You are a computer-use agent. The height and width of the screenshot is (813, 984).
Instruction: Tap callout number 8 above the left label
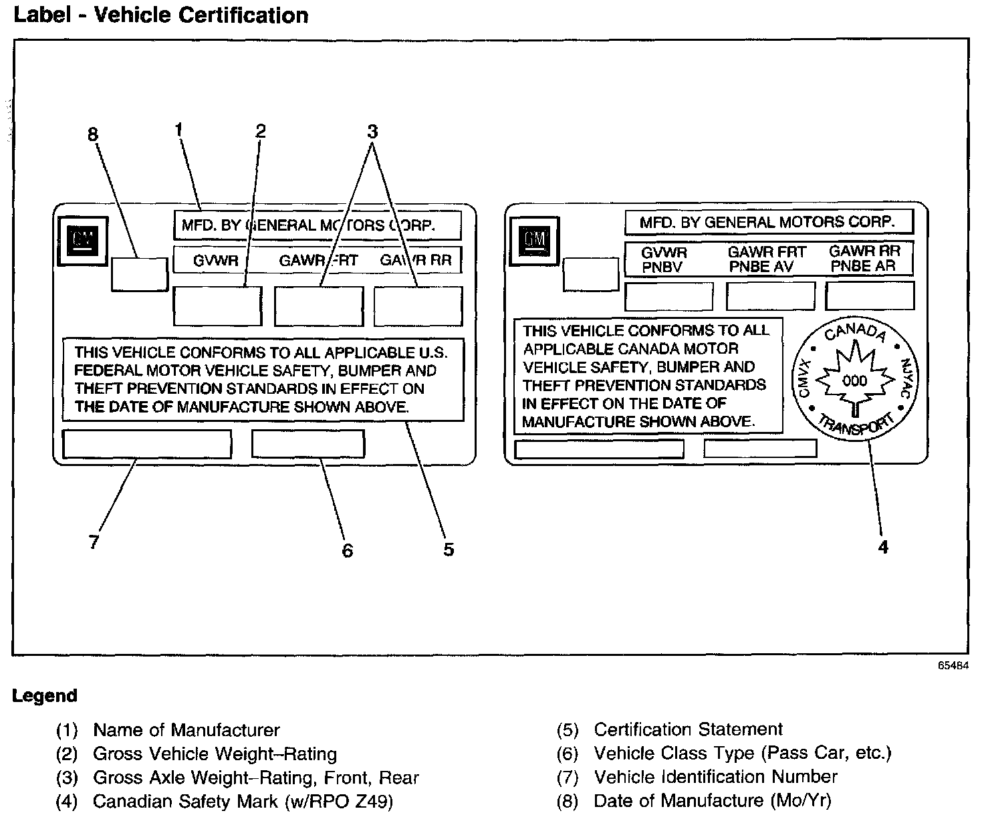(x=93, y=135)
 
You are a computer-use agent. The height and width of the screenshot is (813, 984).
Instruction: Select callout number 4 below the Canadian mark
(x=883, y=548)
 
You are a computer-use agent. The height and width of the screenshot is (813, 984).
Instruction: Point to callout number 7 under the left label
(x=94, y=542)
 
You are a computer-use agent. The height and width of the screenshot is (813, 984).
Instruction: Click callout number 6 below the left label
(x=347, y=551)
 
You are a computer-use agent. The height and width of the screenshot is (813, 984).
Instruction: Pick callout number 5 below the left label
(x=449, y=550)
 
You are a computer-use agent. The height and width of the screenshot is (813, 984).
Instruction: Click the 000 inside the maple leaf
(x=855, y=381)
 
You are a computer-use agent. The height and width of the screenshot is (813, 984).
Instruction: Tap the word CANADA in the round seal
(x=855, y=332)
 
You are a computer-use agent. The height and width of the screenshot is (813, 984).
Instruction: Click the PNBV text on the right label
(x=662, y=267)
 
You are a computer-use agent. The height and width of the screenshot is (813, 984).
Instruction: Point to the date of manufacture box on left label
(x=139, y=274)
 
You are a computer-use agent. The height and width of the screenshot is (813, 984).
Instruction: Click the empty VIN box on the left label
(x=147, y=444)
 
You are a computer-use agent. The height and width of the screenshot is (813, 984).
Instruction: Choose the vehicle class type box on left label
(x=308, y=444)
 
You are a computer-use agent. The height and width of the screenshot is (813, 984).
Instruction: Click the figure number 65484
(x=953, y=666)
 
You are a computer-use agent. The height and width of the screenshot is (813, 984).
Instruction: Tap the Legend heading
(x=45, y=696)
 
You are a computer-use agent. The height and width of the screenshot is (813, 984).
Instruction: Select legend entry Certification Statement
(x=688, y=729)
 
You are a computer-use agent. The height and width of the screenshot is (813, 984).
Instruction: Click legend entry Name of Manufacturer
(x=186, y=730)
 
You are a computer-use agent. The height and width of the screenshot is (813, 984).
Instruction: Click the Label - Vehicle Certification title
(x=160, y=15)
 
